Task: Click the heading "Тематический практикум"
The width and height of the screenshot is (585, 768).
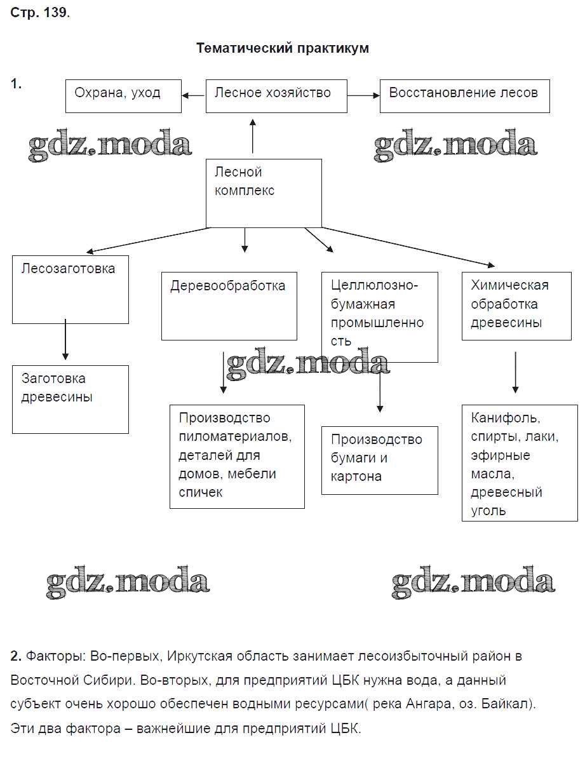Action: click(x=282, y=48)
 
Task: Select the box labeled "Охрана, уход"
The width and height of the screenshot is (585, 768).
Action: click(x=123, y=96)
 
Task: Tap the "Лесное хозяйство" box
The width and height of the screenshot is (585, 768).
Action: click(x=276, y=96)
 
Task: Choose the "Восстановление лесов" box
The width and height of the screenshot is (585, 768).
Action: click(x=464, y=96)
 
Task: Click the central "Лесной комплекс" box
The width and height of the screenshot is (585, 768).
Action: click(x=264, y=192)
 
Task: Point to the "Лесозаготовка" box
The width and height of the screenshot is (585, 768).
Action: click(x=71, y=289)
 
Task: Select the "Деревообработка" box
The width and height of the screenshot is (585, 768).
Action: click(x=229, y=306)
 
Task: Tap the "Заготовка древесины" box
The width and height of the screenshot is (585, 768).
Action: click(x=71, y=399)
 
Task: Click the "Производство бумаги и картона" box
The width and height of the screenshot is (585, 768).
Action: click(x=379, y=460)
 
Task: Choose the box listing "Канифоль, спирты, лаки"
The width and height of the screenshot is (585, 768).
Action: click(x=519, y=463)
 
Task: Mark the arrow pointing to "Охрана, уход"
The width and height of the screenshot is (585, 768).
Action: click(x=194, y=95)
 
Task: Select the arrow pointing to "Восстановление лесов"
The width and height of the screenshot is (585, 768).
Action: click(x=363, y=95)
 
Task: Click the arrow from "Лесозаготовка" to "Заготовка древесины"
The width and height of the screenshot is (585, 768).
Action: click(x=65, y=340)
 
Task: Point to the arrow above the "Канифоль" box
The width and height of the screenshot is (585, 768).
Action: click(x=515, y=373)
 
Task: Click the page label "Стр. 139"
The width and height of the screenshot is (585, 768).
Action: click(x=39, y=13)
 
